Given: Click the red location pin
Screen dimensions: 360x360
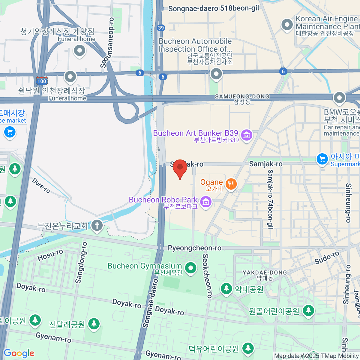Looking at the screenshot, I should [180, 168].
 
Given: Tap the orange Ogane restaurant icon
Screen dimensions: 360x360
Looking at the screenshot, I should [231, 183].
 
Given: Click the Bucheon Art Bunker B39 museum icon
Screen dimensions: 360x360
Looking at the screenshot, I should [247, 135].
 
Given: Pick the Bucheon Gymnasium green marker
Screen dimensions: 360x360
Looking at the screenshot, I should [190, 268].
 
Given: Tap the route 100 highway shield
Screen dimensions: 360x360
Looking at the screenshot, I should [42, 81].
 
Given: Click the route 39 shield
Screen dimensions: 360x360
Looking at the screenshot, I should [161, 28].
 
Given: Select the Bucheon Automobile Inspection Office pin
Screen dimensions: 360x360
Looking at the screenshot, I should [216, 73].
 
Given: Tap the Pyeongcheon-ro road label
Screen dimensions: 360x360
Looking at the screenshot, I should [194, 248].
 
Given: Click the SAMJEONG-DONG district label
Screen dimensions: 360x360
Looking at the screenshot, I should [242, 97].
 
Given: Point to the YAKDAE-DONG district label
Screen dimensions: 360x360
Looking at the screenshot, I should [265, 272].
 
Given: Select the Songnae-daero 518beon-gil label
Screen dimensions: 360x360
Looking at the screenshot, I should [213, 8].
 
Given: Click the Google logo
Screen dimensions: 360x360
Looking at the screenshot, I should [19, 353].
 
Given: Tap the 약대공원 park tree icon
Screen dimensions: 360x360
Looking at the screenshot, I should [226, 289].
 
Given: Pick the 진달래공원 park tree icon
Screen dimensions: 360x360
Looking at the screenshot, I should [94, 324].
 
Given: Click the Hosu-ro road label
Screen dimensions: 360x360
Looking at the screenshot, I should [50, 255].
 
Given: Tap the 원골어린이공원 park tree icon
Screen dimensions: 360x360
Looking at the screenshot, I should [308, 310].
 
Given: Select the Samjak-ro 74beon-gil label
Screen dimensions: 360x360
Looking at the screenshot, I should [270, 199].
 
